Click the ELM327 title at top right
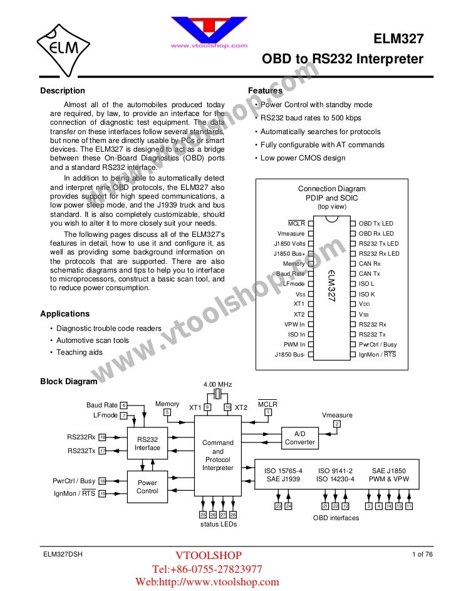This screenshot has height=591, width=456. (x=398, y=39)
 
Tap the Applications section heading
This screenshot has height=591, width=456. (x=65, y=313)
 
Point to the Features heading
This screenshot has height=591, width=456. (x=266, y=91)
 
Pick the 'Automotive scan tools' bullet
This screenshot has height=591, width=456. (x=93, y=340)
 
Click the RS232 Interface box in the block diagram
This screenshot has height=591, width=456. (x=148, y=444)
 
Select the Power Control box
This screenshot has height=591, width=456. (x=148, y=487)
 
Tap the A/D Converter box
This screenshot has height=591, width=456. (x=300, y=437)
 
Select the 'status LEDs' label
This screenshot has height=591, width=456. (x=218, y=524)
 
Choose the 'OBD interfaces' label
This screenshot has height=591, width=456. (x=336, y=518)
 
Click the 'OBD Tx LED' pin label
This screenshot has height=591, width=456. (x=376, y=223)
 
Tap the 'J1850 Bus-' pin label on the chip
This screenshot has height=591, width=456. (x=289, y=355)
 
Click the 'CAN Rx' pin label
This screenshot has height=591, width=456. (x=370, y=263)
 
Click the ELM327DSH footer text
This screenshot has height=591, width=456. (x=63, y=554)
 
